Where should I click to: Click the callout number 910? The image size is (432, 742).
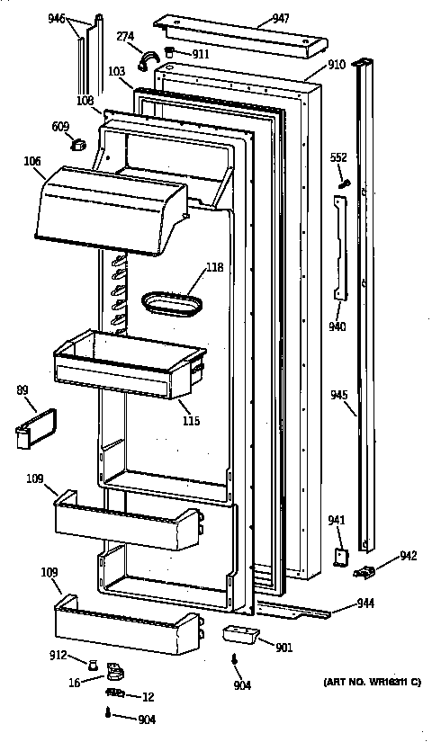[337, 65]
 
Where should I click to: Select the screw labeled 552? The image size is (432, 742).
[344, 183]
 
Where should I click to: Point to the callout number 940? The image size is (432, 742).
[337, 326]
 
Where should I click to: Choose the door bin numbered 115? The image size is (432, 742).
[126, 364]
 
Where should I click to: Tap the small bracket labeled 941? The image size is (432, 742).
[342, 558]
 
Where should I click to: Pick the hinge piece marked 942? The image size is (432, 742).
[366, 568]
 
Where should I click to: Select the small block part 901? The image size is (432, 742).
[238, 635]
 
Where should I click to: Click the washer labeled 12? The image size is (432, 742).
[115, 693]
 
